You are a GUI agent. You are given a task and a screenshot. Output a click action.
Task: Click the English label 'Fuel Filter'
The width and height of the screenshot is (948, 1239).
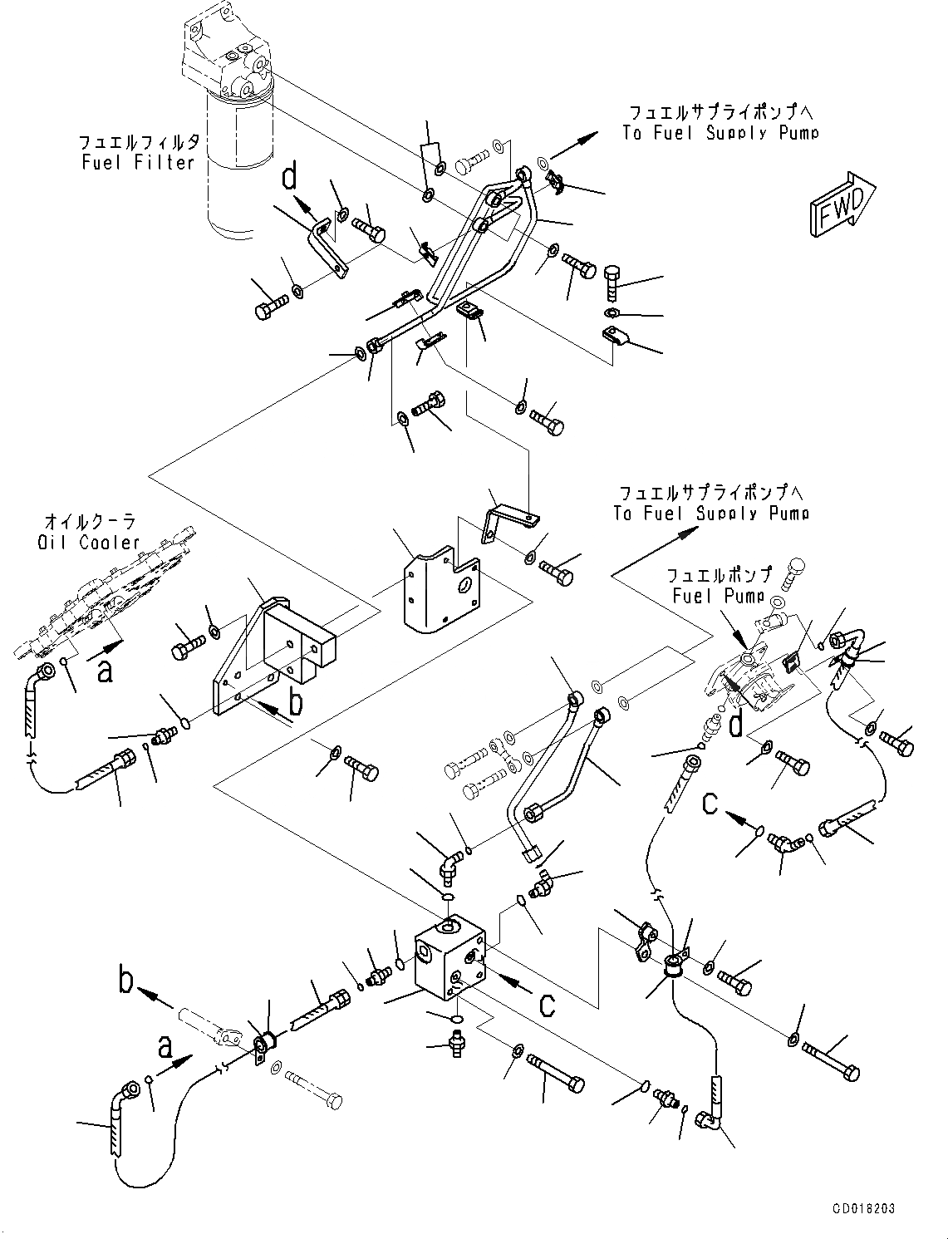138,163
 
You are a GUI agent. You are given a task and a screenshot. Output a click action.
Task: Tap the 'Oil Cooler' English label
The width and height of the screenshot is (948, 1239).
89,543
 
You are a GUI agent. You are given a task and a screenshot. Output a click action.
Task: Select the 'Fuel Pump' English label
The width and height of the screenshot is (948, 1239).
718,596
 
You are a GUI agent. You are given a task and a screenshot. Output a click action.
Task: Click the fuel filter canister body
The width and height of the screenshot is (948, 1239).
241,158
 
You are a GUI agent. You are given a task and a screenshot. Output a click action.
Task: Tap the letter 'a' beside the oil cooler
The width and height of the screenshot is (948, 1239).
105,670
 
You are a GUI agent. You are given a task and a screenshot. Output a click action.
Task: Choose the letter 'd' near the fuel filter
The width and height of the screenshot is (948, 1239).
290,176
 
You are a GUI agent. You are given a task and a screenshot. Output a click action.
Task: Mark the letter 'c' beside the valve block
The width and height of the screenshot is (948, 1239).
547,1004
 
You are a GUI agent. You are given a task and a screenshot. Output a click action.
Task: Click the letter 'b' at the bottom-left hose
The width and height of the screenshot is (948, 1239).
126,982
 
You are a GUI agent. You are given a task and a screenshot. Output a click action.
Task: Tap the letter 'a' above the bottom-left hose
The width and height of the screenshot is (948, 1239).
165,1047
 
